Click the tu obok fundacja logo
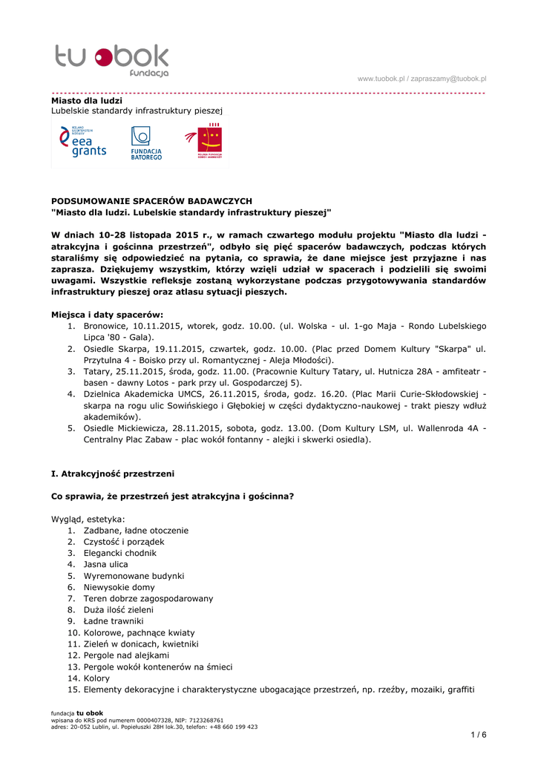click(x=112, y=59)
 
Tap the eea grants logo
click(x=84, y=141)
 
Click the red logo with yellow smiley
click(x=205, y=142)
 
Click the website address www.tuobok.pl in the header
click(x=381, y=79)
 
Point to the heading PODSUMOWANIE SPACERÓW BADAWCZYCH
click(x=151, y=201)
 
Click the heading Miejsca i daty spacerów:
click(x=107, y=314)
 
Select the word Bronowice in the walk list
click(x=105, y=326)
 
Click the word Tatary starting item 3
click(x=98, y=371)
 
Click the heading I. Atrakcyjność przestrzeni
click(x=113, y=474)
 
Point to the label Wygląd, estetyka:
click(x=88, y=519)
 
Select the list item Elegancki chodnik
click(x=120, y=553)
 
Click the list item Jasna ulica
click(x=105, y=564)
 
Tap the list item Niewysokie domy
click(x=119, y=587)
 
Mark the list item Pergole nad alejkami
click(x=126, y=655)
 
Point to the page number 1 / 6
click(x=479, y=735)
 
